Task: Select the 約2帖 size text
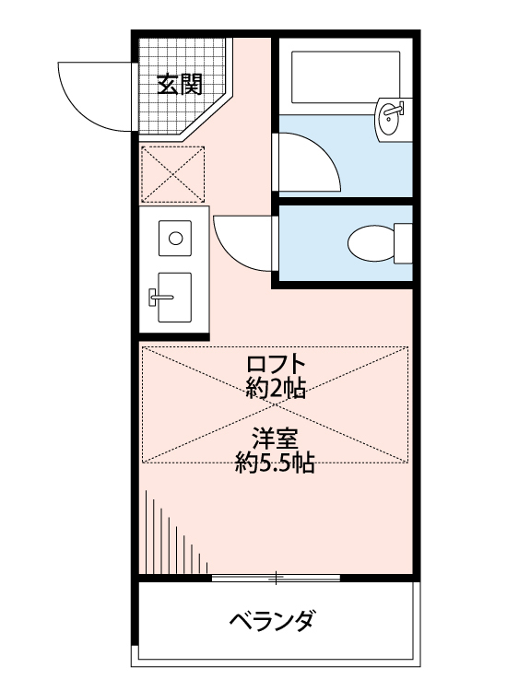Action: (x=276, y=387)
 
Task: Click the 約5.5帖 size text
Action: (x=276, y=463)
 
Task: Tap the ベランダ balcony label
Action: (x=272, y=619)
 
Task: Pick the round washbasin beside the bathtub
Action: (x=391, y=117)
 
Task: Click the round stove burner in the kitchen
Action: (x=174, y=237)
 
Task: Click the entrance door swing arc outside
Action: (x=92, y=92)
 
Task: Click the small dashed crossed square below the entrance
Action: (x=173, y=172)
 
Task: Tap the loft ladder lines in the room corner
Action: (x=175, y=539)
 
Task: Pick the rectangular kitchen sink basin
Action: (x=173, y=296)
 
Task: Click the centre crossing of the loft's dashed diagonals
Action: (x=275, y=406)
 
